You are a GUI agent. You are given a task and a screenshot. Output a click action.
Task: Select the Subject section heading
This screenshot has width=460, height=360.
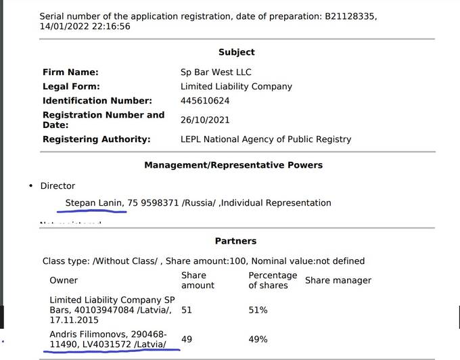[x=237, y=52]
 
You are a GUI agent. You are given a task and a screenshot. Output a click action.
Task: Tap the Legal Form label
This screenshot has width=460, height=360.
[x=71, y=87]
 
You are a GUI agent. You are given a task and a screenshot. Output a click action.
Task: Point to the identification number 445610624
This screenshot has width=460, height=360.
[x=205, y=101]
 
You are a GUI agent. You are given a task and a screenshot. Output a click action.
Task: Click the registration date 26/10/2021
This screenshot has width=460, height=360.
[x=205, y=120]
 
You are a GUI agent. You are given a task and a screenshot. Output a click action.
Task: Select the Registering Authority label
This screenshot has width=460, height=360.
[x=96, y=139]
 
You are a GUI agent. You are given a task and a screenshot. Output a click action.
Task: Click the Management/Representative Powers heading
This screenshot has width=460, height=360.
[x=233, y=165]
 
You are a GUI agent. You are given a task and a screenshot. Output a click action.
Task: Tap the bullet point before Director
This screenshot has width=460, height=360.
[x=31, y=186]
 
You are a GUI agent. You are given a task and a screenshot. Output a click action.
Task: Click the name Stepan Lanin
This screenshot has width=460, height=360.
[x=91, y=203]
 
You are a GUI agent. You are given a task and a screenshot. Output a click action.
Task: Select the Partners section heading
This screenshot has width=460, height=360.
[x=235, y=241]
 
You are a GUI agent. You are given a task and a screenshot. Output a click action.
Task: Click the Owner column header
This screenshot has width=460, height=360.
[x=64, y=280]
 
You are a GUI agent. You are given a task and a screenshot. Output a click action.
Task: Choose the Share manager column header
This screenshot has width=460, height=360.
[x=338, y=280]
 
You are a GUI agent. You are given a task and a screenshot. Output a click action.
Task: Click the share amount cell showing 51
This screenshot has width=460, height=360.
[x=187, y=310]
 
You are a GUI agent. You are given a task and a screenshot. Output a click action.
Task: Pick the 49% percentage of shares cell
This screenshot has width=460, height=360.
[x=258, y=339]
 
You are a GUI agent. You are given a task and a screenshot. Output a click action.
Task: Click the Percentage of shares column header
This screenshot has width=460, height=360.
[x=273, y=280]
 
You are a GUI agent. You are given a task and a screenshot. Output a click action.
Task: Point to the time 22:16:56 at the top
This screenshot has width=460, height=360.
[x=106, y=26]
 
